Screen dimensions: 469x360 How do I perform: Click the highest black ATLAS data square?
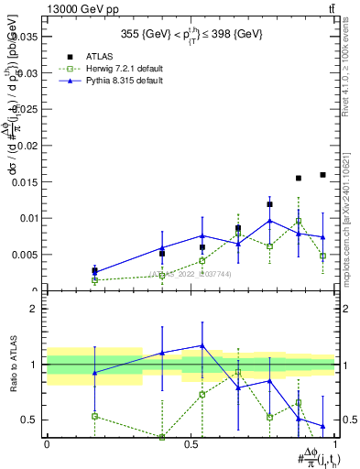(x=322, y=175)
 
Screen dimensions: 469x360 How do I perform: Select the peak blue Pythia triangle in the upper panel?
(x=269, y=221)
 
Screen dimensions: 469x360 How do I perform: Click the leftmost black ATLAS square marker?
(x=94, y=270)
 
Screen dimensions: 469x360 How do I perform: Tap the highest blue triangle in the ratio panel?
(x=202, y=345)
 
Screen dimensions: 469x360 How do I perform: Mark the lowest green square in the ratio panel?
(x=162, y=437)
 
